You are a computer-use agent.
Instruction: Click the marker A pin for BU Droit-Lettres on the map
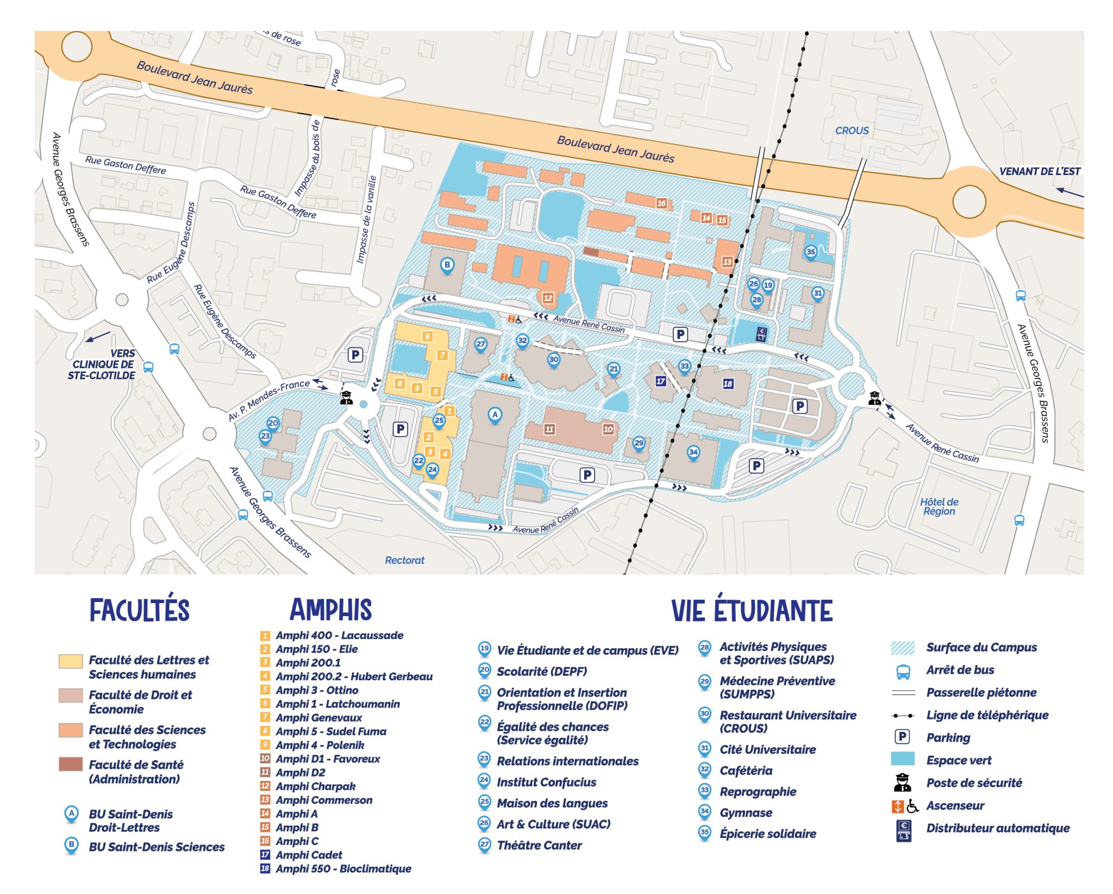[494, 415]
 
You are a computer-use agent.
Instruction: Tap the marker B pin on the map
[447, 265]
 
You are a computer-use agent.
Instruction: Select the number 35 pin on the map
[810, 252]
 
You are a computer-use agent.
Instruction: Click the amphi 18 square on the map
[728, 384]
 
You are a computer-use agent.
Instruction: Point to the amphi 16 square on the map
[661, 203]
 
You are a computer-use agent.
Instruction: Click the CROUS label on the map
[852, 131]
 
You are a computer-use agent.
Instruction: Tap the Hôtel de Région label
[939, 506]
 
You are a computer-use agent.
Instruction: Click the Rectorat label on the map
[404, 560]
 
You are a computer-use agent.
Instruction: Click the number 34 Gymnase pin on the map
[693, 452]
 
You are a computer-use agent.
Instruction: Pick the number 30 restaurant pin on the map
[553, 359]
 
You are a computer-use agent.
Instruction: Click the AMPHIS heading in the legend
[330, 610]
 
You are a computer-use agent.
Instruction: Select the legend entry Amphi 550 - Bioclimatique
[343, 868]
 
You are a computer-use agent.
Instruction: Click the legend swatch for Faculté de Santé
[71, 764]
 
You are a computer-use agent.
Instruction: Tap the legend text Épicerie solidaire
[767, 834]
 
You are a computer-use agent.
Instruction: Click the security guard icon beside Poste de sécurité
[902, 783]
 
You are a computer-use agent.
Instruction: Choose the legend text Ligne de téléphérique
[987, 715]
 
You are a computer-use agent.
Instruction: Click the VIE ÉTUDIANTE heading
[752, 610]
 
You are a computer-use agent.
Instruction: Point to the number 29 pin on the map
[639, 443]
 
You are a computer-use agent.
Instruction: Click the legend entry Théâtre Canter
[539, 845]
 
